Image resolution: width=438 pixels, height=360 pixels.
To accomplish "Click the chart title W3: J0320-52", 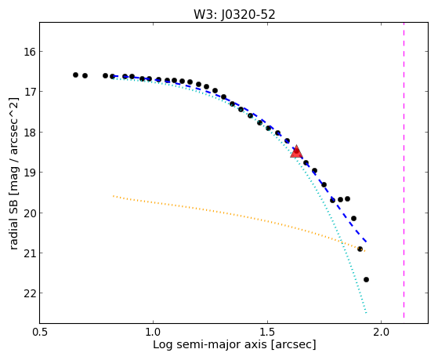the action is point(234,15).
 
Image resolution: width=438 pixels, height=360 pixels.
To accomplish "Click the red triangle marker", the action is point(296,151).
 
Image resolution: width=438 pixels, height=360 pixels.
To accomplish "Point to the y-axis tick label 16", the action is point(27,52).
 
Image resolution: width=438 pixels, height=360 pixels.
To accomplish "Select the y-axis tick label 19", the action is point(27,173).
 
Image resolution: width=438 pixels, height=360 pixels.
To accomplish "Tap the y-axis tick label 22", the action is point(27,293).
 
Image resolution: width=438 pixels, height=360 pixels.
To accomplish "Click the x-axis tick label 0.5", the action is point(40,332).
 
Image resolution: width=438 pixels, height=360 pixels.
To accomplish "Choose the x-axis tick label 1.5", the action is point(268,332).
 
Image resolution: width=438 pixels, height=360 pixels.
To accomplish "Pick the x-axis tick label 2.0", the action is point(382,332).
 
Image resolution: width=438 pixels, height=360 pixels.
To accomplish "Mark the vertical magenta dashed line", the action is point(404,170).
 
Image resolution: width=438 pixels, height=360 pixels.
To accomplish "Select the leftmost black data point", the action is point(75,75).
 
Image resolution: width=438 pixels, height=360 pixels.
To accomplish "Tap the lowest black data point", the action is point(366,279).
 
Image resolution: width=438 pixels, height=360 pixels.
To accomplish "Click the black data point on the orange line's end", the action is point(360,249).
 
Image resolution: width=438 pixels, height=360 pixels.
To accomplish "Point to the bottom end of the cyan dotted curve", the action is point(366,313).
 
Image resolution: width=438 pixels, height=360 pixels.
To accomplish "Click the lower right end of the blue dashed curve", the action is point(366,242).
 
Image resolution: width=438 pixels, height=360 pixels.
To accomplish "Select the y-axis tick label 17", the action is point(27,92).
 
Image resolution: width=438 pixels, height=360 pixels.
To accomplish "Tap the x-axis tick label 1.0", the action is point(154,332).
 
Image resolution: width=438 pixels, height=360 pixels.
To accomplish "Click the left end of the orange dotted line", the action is point(113,196).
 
